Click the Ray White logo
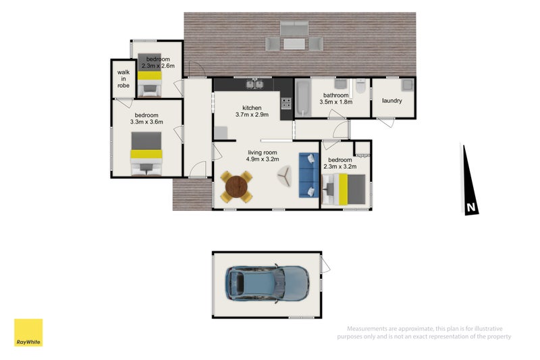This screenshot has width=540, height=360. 28,332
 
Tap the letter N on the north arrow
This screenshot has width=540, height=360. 470,207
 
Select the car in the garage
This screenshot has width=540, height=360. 267,284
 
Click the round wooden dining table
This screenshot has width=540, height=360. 236,187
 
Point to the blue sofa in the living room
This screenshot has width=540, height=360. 308,176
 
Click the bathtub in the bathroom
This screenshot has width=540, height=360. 303,99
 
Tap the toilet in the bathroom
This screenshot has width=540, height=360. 360,86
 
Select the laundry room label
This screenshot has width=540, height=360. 392,101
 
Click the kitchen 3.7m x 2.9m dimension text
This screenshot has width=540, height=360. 252,114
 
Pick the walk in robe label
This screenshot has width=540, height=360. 124,79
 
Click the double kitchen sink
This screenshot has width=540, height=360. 255,84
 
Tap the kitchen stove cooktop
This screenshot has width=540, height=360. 286,104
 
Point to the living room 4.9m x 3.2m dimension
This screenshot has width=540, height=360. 263,159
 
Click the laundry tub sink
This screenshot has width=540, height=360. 408,84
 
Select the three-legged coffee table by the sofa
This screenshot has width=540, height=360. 284,176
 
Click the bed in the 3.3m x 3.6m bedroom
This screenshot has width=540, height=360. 146,153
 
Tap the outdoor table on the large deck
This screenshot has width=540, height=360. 294,44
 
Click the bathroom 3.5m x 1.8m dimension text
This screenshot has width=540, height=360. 335,102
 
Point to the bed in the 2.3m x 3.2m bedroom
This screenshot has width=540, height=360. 344,189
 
